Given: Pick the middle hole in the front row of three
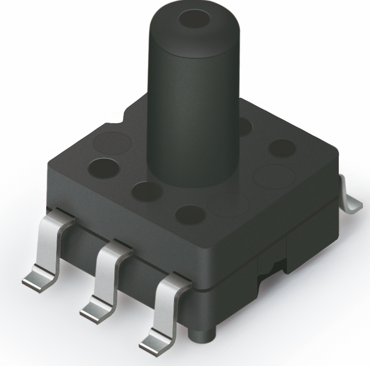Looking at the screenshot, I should [148, 191].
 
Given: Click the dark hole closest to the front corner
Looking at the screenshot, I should [190, 214].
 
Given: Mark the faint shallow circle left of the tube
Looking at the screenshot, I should [112, 141].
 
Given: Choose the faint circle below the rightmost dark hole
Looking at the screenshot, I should [274, 174].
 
